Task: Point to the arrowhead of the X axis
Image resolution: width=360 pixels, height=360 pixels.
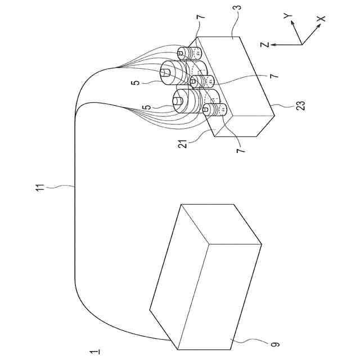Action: [316, 24]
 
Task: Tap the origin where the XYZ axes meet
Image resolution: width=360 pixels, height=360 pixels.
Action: [303, 44]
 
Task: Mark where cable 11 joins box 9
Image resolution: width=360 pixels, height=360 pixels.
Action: [167, 341]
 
